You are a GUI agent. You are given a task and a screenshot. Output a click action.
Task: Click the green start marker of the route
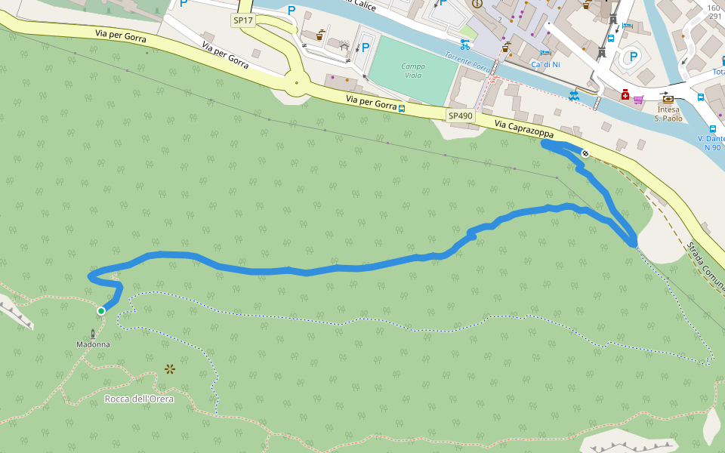pos(101,310)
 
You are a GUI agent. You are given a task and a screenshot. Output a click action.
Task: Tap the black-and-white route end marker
pos(585,153)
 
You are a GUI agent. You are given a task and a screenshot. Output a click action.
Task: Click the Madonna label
pos(93,344)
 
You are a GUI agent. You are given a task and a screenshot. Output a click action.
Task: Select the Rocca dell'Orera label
pos(139,399)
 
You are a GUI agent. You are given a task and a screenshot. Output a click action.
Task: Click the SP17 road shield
pos(243,20)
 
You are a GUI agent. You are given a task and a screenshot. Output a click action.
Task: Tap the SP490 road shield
pos(460,116)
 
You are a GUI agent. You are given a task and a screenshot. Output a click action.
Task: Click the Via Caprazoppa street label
pos(523,129)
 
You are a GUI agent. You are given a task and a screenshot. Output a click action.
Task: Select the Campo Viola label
pos(413,71)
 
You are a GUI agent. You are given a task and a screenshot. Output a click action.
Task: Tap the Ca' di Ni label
pos(545,64)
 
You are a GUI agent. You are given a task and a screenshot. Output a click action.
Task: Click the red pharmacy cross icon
pos(625,95)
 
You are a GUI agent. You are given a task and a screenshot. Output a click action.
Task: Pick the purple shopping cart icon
pos(639,99)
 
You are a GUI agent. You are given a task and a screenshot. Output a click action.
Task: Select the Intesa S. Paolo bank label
pos(668,113)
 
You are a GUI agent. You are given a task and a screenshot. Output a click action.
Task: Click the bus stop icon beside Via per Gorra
pos(402,108)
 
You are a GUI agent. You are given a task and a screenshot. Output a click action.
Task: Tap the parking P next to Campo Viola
pos(366,48)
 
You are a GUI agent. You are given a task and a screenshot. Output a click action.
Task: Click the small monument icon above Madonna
pos(94,333)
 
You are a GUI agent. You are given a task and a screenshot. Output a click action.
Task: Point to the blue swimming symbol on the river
pos(575,95)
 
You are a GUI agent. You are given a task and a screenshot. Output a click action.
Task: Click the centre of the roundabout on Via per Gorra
pos(297,83)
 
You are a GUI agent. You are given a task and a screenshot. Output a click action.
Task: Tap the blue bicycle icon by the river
pos(465,44)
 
